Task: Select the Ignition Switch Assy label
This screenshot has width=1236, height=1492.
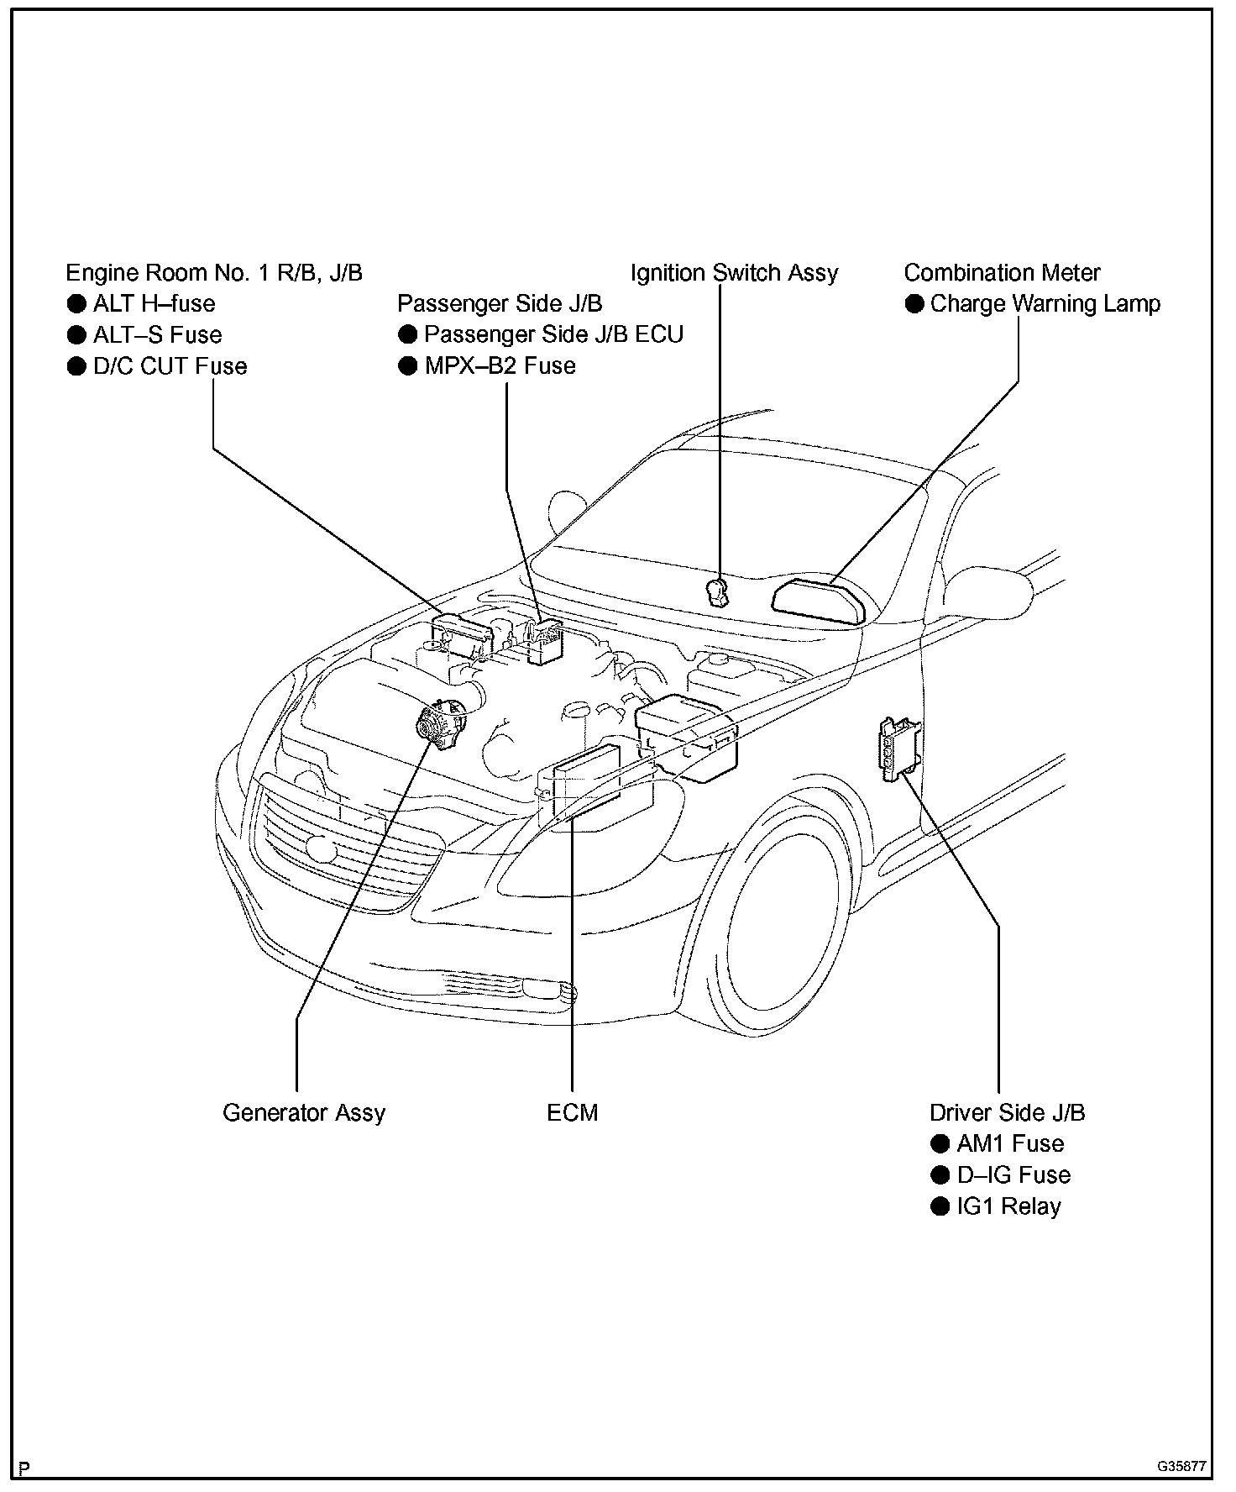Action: [734, 273]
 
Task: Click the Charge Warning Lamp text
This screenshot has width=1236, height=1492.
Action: [1045, 303]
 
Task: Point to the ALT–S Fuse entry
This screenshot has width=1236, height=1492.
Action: [157, 334]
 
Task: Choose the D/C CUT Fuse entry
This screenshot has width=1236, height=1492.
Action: [170, 365]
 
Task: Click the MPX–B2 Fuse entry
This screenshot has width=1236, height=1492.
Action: [500, 365]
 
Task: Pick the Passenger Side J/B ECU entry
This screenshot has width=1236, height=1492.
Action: [553, 334]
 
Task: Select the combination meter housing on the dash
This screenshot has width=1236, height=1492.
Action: [818, 602]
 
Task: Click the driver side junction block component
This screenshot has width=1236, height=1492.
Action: [895, 749]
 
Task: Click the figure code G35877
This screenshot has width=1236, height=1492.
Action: [1181, 1467]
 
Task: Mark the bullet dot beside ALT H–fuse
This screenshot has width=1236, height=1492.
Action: [76, 303]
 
